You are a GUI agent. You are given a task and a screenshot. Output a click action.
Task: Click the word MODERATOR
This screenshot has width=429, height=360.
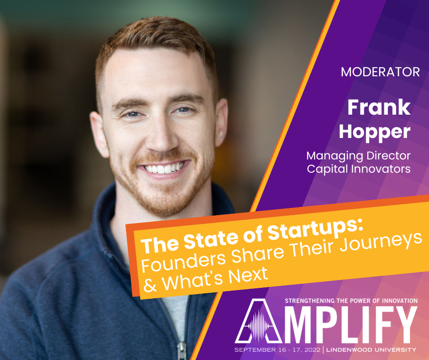click(x=380, y=72)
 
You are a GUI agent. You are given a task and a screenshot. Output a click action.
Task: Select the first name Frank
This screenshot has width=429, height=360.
click(x=379, y=107)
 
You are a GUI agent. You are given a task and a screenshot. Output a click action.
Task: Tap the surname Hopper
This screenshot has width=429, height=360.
click(x=375, y=133)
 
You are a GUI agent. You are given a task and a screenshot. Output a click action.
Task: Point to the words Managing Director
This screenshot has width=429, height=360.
click(x=358, y=156)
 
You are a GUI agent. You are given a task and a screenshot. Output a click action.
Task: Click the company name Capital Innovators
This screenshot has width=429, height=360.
click(x=359, y=169)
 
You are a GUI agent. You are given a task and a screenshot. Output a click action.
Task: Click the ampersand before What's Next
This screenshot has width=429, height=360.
click(x=150, y=285)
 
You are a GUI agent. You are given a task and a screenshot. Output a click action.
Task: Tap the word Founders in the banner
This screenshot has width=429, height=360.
click(x=183, y=262)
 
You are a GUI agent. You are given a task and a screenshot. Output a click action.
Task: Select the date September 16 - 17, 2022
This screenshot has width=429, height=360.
click(x=277, y=350)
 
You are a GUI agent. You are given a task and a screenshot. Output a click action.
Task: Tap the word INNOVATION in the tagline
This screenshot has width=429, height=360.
click(x=400, y=301)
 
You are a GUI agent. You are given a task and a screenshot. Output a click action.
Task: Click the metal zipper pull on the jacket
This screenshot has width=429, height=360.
click(x=181, y=351)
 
